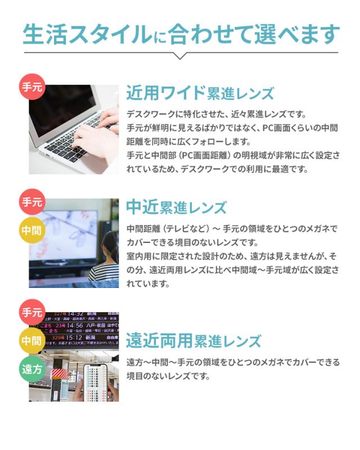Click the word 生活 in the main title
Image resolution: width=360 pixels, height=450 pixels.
42,33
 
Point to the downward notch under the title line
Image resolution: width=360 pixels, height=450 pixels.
179,56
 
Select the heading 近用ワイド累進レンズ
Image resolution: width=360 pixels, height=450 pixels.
200,93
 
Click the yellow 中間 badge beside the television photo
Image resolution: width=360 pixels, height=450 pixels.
31,230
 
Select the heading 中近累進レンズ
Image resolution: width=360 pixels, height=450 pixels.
176,208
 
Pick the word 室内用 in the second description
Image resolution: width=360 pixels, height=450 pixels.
139,256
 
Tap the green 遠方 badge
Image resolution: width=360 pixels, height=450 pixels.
31,369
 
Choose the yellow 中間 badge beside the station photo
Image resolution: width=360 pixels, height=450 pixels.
31,340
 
